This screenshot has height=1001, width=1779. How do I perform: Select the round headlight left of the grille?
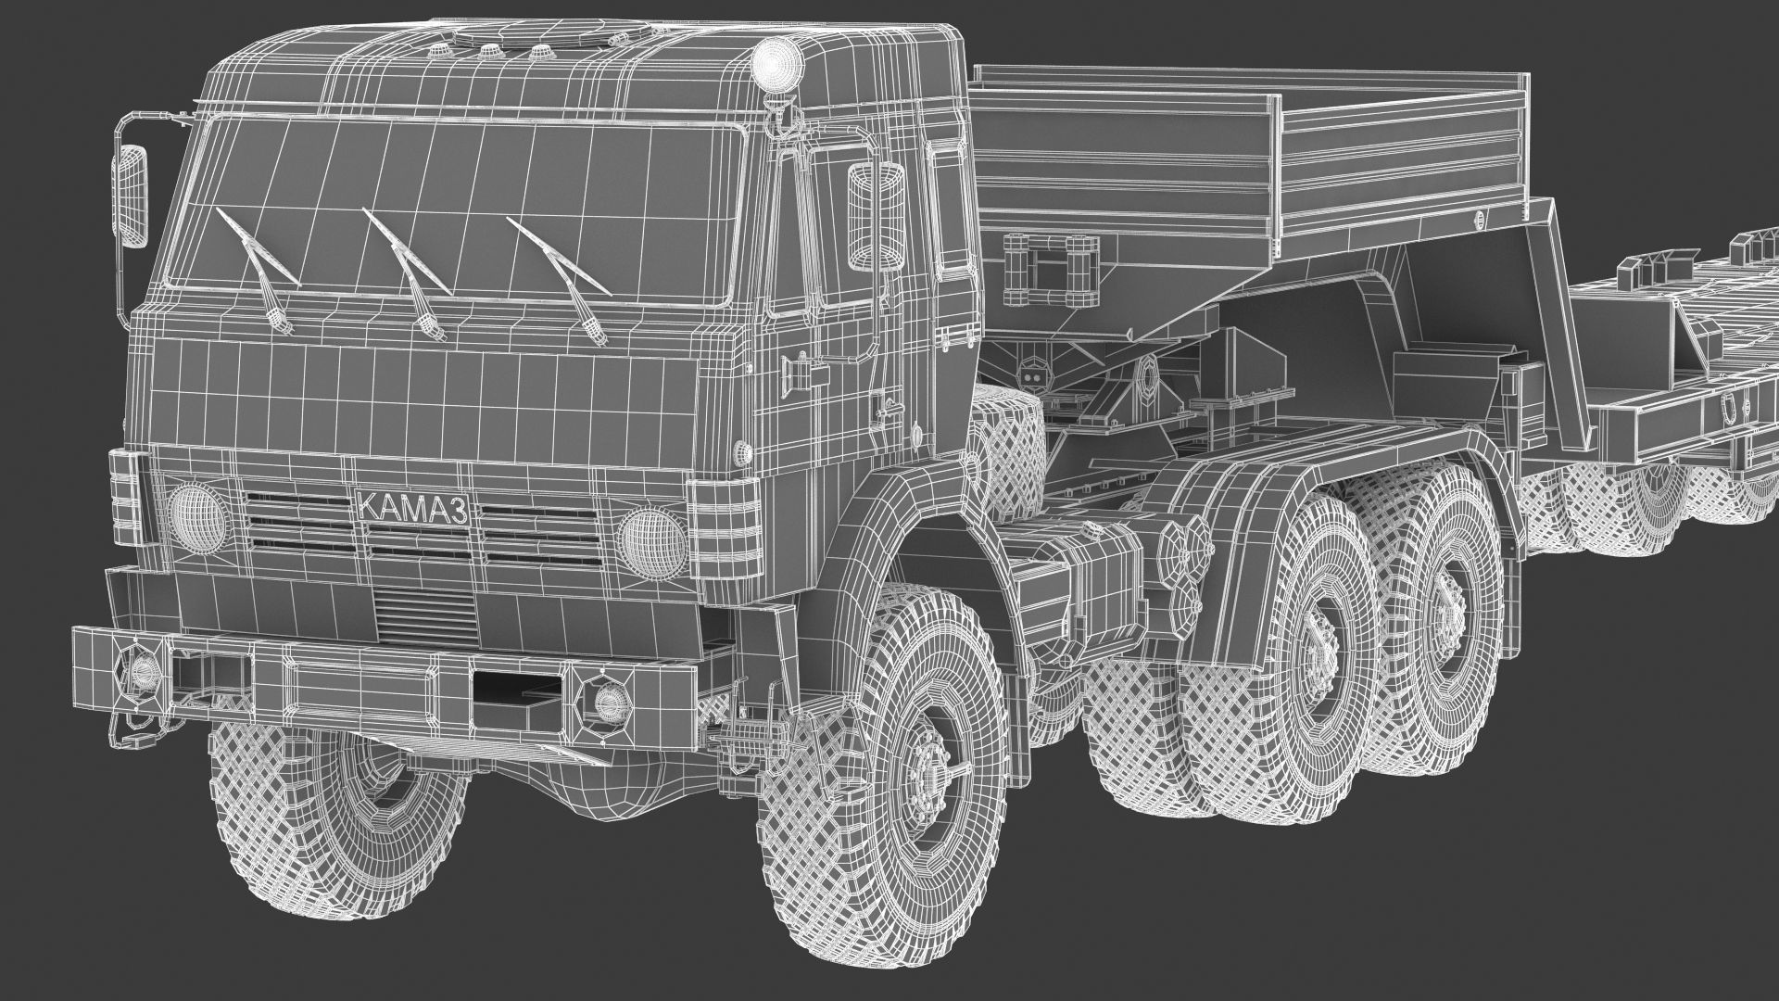pyautogui.click(x=198, y=514)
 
